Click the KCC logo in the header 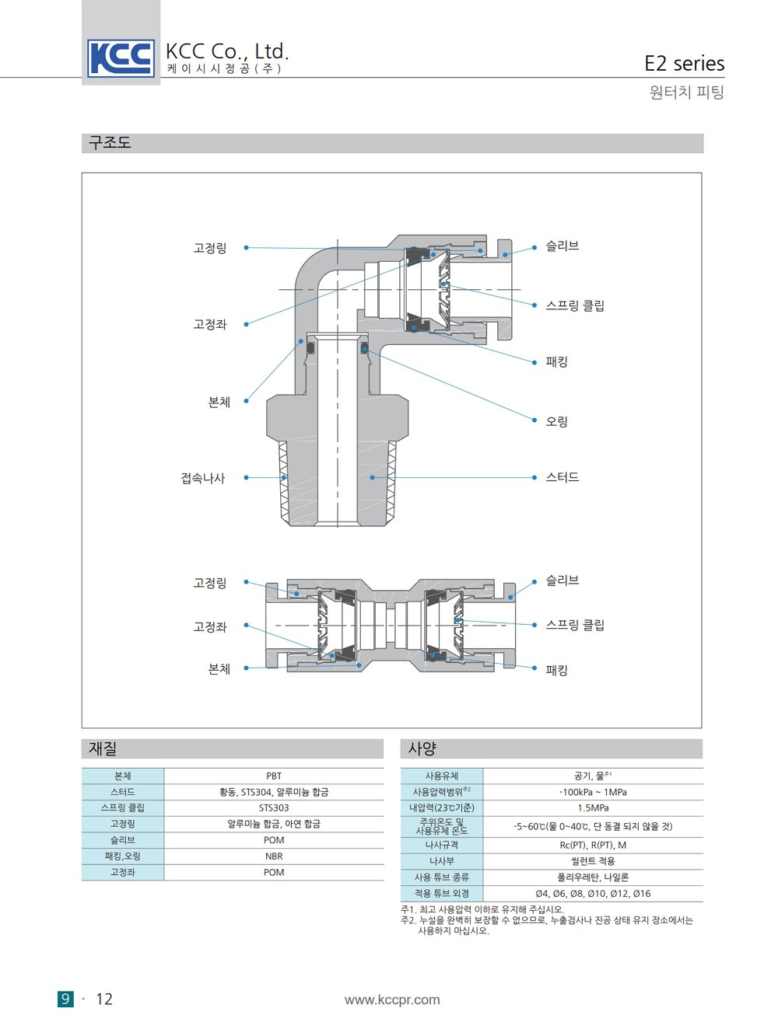121,58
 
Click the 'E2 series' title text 684,63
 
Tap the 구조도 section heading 110,142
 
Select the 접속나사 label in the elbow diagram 202,478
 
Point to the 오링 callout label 557,421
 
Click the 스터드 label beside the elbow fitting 562,476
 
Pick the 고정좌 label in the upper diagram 209,324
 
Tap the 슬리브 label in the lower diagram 562,580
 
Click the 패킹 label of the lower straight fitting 557,670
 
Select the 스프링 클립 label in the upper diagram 575,305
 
